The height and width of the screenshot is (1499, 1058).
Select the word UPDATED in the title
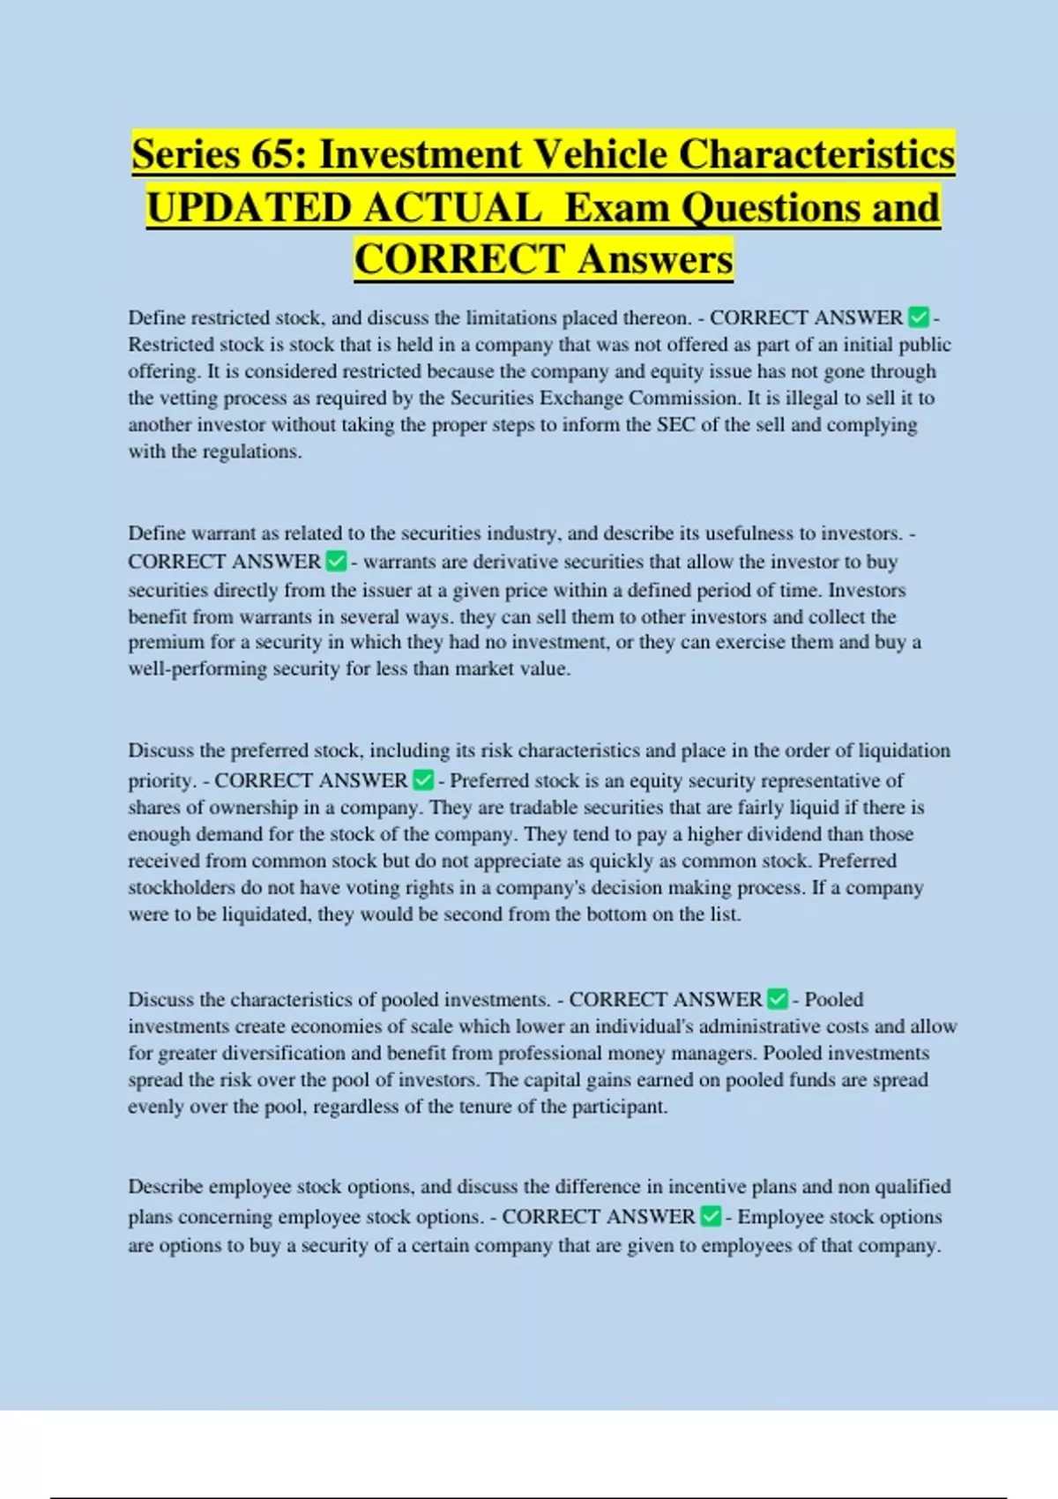(x=249, y=208)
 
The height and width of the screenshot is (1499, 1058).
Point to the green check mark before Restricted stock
(x=918, y=317)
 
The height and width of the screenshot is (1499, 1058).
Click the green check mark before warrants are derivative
(x=336, y=561)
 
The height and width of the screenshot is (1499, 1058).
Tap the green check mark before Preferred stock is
(x=423, y=779)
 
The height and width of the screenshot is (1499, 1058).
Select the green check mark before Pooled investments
(x=778, y=999)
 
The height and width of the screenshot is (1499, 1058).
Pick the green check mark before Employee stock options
(x=711, y=1217)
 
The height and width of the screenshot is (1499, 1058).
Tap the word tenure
(x=481, y=1107)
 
